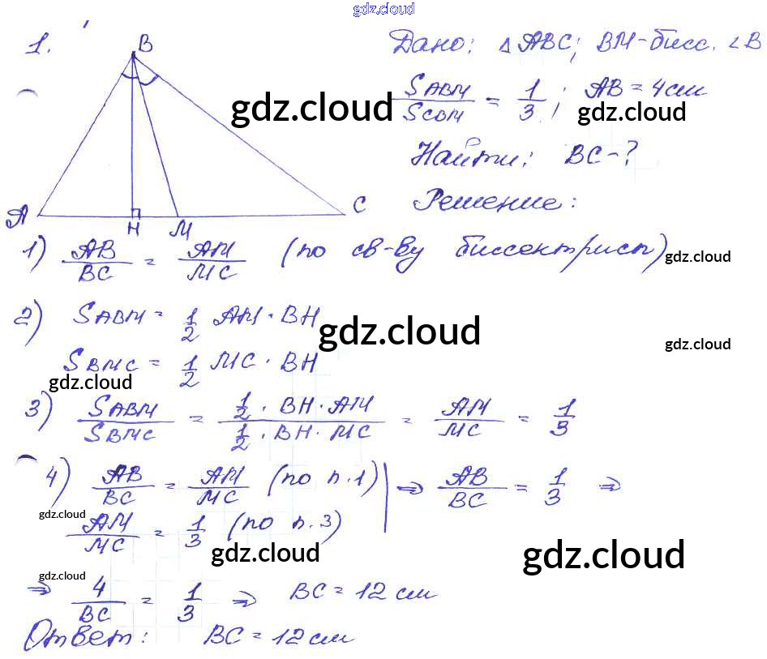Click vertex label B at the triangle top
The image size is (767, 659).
145,46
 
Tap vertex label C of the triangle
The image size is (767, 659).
359,206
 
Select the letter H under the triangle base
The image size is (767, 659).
133,229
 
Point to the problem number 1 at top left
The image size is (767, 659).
38,46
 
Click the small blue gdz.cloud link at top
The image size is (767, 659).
383,9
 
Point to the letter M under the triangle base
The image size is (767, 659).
178,229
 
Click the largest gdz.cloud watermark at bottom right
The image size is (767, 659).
604,555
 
